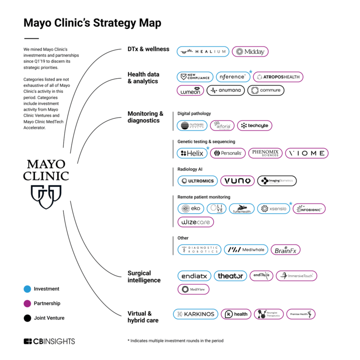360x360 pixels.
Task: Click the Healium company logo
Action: coord(203,52)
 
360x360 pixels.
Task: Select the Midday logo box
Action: coord(250,52)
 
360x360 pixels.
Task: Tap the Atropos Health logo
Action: coord(278,77)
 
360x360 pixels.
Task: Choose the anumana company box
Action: coord(225,90)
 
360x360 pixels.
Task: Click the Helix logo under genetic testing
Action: coord(192,153)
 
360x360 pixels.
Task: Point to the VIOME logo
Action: coord(307,153)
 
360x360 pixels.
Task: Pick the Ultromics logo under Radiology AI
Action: coord(197,181)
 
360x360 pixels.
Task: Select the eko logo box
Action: coord(191,209)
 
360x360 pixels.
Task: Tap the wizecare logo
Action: coord(195,222)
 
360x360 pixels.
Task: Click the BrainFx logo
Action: coord(285,250)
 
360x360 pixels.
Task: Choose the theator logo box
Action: coord(230,276)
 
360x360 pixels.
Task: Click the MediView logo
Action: coord(193,289)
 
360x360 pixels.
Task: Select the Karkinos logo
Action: coord(195,314)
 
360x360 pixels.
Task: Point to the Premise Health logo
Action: coord(301,314)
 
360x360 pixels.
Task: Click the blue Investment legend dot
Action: coord(27,289)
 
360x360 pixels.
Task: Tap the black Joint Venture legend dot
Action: coord(27,318)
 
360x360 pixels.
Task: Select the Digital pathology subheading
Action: coord(194,113)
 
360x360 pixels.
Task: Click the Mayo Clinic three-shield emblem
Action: coord(46,196)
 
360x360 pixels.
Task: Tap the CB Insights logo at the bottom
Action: coord(49,341)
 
